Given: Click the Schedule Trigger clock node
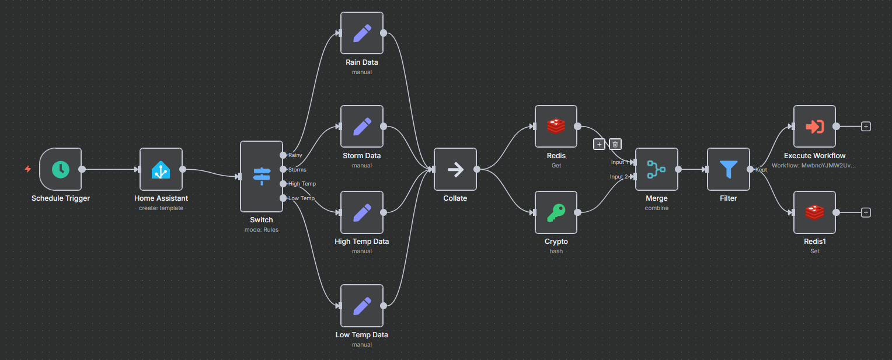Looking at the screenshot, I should click(61, 169).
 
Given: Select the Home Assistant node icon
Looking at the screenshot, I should click(161, 169).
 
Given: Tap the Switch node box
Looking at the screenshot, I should click(261, 176).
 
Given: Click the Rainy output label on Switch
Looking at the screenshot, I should click(295, 155).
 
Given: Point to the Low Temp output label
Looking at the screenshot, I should click(301, 198).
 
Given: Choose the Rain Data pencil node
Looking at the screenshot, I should click(362, 33).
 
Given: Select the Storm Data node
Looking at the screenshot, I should click(362, 127).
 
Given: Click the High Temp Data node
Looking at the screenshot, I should click(362, 212).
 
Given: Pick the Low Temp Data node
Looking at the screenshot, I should click(362, 306).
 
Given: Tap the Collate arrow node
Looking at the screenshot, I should click(455, 169).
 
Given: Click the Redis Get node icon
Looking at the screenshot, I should click(556, 127).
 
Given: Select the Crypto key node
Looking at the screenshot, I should click(556, 212).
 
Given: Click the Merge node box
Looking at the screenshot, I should click(656, 169).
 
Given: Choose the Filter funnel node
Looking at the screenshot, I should click(729, 169).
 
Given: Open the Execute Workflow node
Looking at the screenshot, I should click(814, 127).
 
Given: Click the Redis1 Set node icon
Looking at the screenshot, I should click(814, 212).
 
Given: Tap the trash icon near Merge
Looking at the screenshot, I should click(615, 144).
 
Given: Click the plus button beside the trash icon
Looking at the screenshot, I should click(599, 144).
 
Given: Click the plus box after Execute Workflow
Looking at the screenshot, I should click(866, 127).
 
